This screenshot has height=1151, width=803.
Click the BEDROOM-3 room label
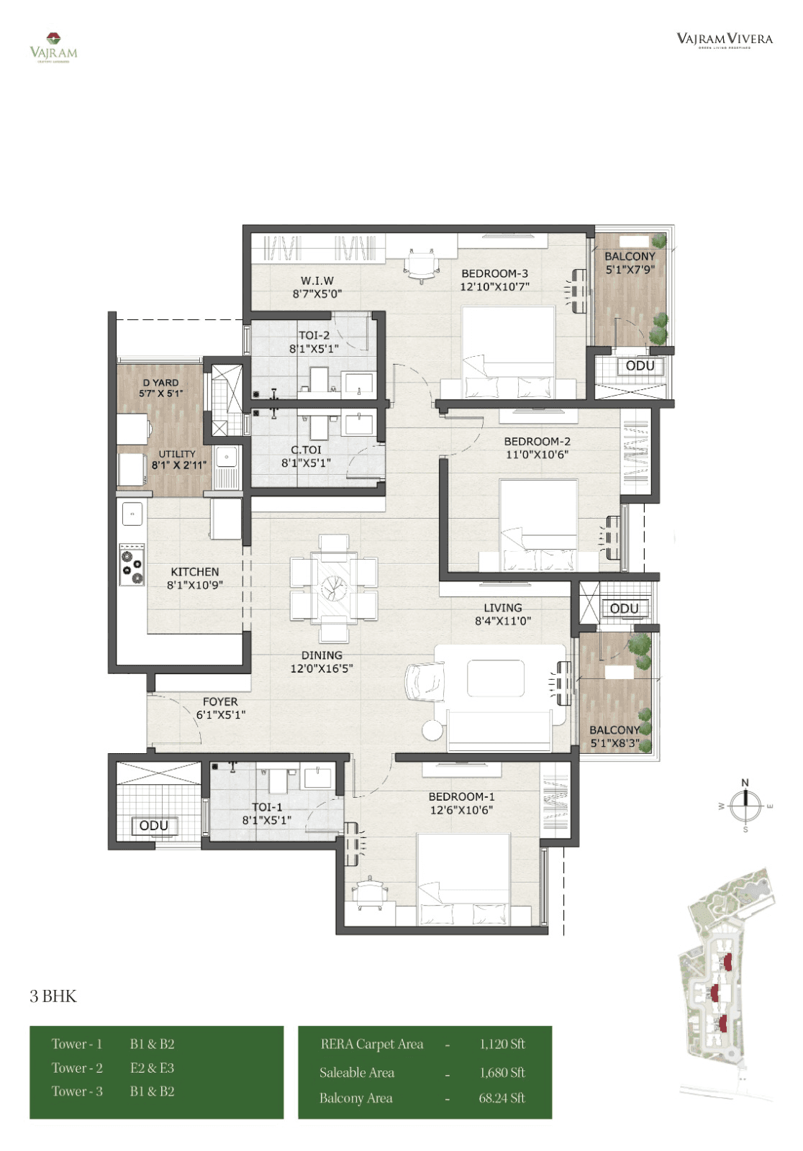coord(494,273)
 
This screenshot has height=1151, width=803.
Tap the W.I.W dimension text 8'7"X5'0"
coord(317,294)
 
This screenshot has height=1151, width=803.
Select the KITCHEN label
coord(194,572)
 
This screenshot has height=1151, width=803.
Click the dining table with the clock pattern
coord(334,588)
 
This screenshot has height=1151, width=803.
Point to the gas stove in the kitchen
coord(132,564)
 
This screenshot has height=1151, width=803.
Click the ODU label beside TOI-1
coord(153,826)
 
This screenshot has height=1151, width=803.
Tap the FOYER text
coord(220,701)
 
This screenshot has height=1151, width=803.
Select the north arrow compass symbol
coord(745,805)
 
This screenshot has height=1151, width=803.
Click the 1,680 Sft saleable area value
coord(502,1073)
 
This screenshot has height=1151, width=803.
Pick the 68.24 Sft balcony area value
coord(502,1098)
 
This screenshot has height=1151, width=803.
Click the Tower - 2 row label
coord(77,1068)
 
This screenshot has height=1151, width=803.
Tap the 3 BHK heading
coord(53,996)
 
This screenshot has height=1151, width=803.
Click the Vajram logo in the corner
coord(53,47)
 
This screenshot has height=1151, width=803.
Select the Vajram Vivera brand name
coord(724,39)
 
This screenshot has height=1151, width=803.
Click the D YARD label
coord(160,383)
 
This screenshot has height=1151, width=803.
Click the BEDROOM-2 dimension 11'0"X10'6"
coord(537,455)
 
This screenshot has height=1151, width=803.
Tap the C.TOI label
coord(306,450)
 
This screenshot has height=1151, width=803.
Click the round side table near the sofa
coord(432,729)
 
